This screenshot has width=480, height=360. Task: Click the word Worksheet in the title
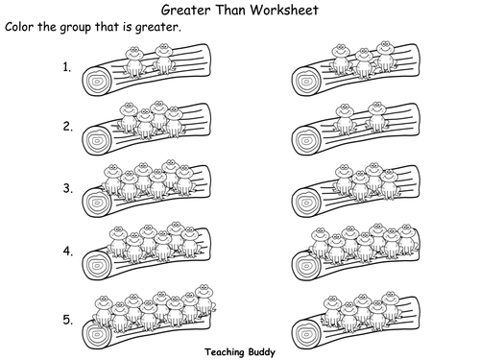284,10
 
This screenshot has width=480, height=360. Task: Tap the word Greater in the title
185,10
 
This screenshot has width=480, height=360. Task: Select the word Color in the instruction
19,27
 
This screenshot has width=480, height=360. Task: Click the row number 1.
66,67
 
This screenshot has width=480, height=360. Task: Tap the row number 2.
67,127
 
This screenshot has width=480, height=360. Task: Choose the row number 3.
67,188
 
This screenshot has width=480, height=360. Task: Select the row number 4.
68,252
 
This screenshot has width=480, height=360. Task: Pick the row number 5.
67,320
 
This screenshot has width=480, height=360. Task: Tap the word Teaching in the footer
225,352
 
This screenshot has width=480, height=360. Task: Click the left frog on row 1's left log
134,62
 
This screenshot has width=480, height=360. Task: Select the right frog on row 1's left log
164,59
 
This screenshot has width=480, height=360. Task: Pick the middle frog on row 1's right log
363,63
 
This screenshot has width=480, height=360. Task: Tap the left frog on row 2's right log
345,119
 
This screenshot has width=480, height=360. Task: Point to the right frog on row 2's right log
376,117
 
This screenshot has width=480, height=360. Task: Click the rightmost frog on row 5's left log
204,300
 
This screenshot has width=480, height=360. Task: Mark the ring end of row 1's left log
97,82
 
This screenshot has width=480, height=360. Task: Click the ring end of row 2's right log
306,140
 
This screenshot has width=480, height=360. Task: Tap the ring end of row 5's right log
306,333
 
